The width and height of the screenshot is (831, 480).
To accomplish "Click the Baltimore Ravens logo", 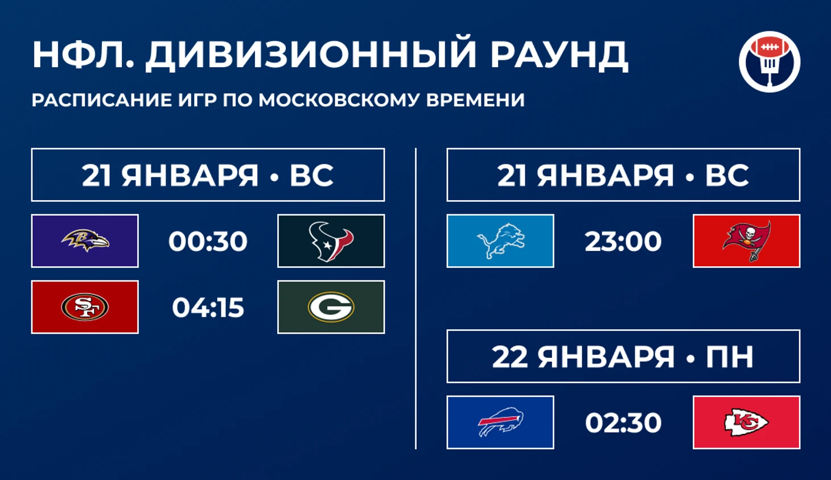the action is pos(85,240).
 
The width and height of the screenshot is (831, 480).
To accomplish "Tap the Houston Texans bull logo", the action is pos(331,241).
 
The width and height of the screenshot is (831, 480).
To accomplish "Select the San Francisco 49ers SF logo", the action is pos(85,307).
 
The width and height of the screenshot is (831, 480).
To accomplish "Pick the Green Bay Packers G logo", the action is pos(331,307).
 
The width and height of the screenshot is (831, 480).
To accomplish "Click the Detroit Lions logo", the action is pos(500,241).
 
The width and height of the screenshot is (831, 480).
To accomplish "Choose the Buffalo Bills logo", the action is pos(500,422).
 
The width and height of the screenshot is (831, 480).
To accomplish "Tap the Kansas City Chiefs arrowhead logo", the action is pos(746,422).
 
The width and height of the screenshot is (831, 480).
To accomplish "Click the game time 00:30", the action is pos(208,241).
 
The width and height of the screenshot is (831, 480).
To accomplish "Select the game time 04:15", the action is pos(208,307).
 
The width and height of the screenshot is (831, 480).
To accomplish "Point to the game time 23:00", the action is pos(623,241).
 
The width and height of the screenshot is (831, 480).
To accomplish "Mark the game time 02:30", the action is pos(623,423).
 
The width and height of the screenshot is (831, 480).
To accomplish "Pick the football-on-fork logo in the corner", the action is pos(770,61).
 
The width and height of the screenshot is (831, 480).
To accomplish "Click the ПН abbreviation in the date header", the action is pos(729,357).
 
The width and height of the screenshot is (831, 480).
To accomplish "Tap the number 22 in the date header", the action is pos(510,357).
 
